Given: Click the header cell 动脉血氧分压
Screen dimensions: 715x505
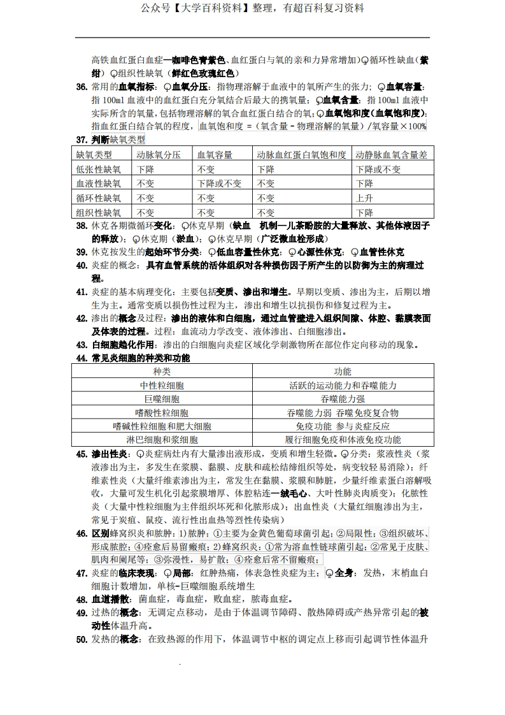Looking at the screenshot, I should click(x=159, y=154).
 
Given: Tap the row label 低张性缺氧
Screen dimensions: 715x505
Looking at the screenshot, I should click(x=98, y=169).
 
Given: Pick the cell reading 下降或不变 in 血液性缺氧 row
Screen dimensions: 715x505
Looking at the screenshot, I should click(x=219, y=184).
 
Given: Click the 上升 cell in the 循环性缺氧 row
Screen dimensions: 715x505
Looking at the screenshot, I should click(x=364, y=198).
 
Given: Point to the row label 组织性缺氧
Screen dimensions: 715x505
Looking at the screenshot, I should click(x=98, y=213).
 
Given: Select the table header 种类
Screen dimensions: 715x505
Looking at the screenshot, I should click(x=162, y=371).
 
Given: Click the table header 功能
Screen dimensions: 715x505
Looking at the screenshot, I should click(x=343, y=371).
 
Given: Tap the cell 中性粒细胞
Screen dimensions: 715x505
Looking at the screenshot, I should click(x=162, y=386).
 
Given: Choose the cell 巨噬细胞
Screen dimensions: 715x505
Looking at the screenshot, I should click(x=162, y=399).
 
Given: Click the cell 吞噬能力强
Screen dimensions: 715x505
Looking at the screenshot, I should click(x=343, y=399).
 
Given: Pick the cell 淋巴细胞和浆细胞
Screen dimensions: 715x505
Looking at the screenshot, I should click(x=162, y=440).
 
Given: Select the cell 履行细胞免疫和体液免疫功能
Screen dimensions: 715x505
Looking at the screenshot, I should click(x=343, y=440).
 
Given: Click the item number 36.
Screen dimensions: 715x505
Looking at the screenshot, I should click(x=82, y=87).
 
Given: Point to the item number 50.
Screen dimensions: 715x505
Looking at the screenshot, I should click(x=82, y=639).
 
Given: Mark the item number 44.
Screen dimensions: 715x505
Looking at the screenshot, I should click(x=82, y=358).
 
